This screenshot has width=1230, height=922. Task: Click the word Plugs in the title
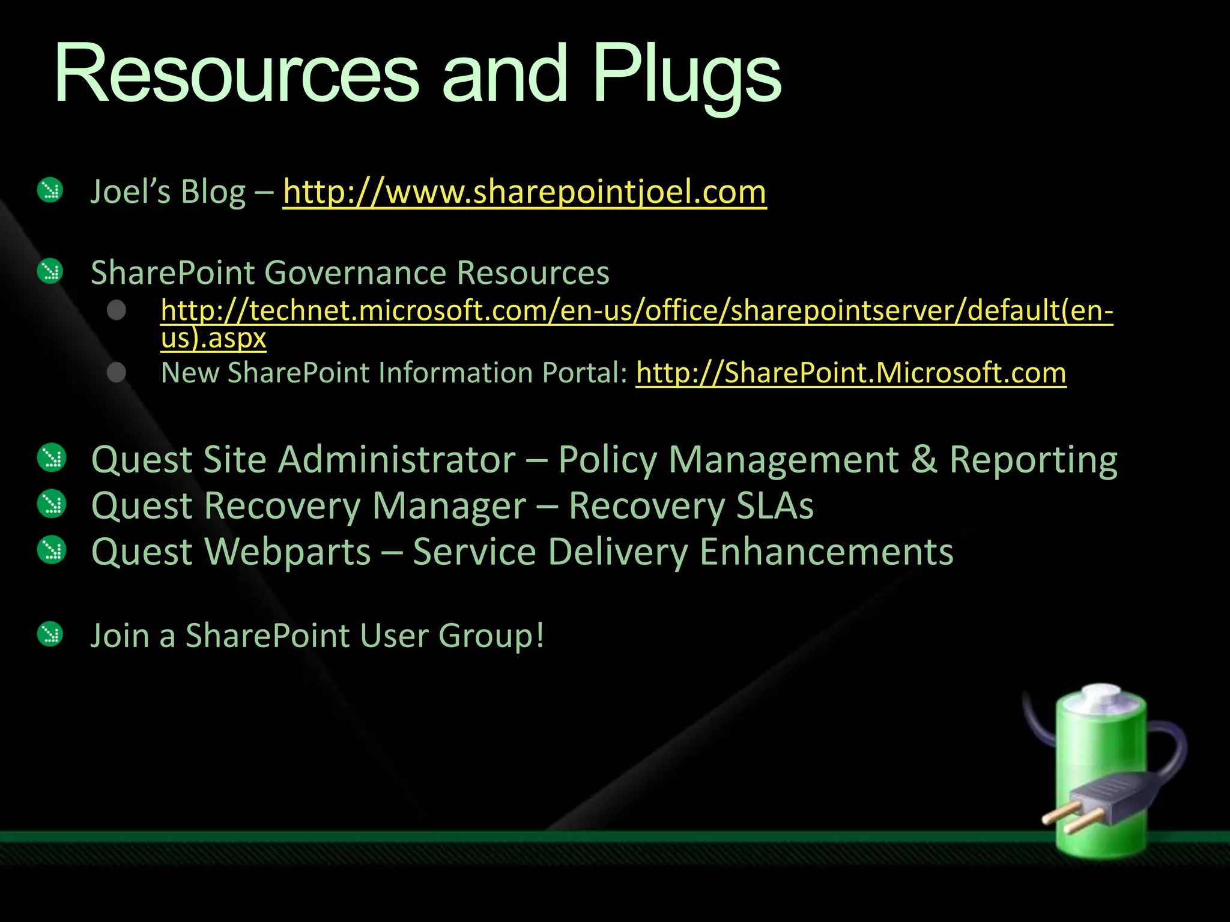(x=686, y=75)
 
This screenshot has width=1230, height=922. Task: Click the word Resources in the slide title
(x=236, y=75)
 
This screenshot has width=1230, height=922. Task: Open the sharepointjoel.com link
(x=524, y=192)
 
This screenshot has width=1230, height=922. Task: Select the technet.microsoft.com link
(x=637, y=311)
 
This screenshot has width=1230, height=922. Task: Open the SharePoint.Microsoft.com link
(x=851, y=373)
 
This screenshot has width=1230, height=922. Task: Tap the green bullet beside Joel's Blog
(x=50, y=191)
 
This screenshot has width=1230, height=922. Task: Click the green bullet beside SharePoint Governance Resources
(x=50, y=271)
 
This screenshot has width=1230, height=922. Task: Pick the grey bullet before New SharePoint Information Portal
(x=117, y=373)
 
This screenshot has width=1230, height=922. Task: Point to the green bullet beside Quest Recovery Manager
(x=52, y=504)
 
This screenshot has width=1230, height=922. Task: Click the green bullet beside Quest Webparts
(x=52, y=550)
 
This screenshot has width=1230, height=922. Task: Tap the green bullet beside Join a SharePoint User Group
(x=50, y=634)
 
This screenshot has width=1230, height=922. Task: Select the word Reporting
(x=1033, y=461)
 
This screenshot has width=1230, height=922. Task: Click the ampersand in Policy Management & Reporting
(x=924, y=460)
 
